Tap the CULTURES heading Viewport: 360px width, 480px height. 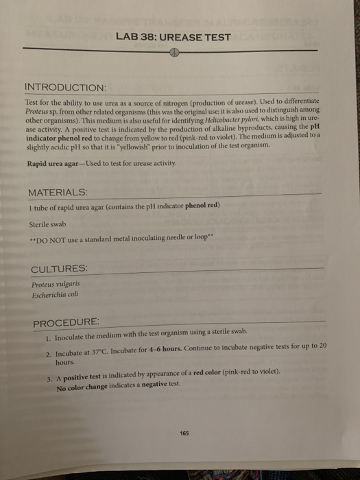pos(59,267)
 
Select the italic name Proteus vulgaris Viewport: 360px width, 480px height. pos(56,283)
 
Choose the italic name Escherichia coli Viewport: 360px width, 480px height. pos(55,294)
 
